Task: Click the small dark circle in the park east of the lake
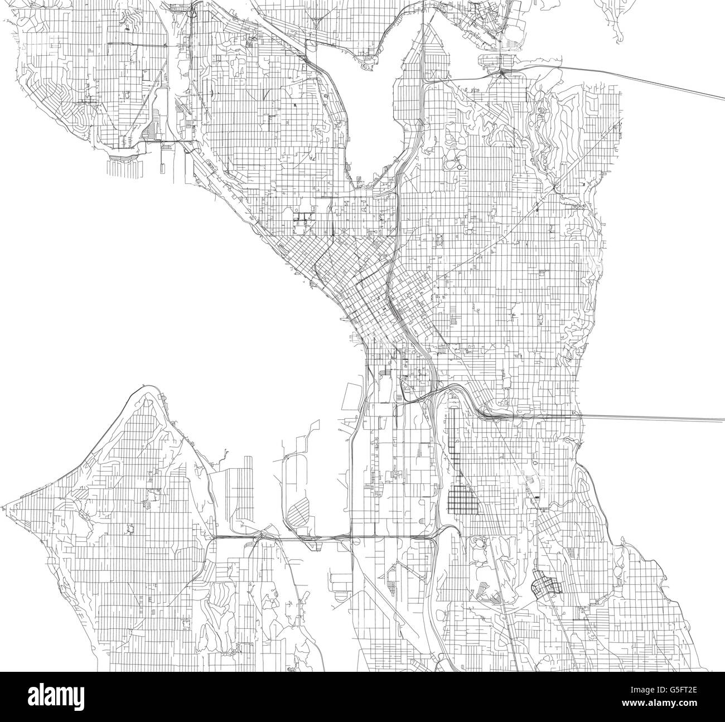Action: (459, 166)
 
